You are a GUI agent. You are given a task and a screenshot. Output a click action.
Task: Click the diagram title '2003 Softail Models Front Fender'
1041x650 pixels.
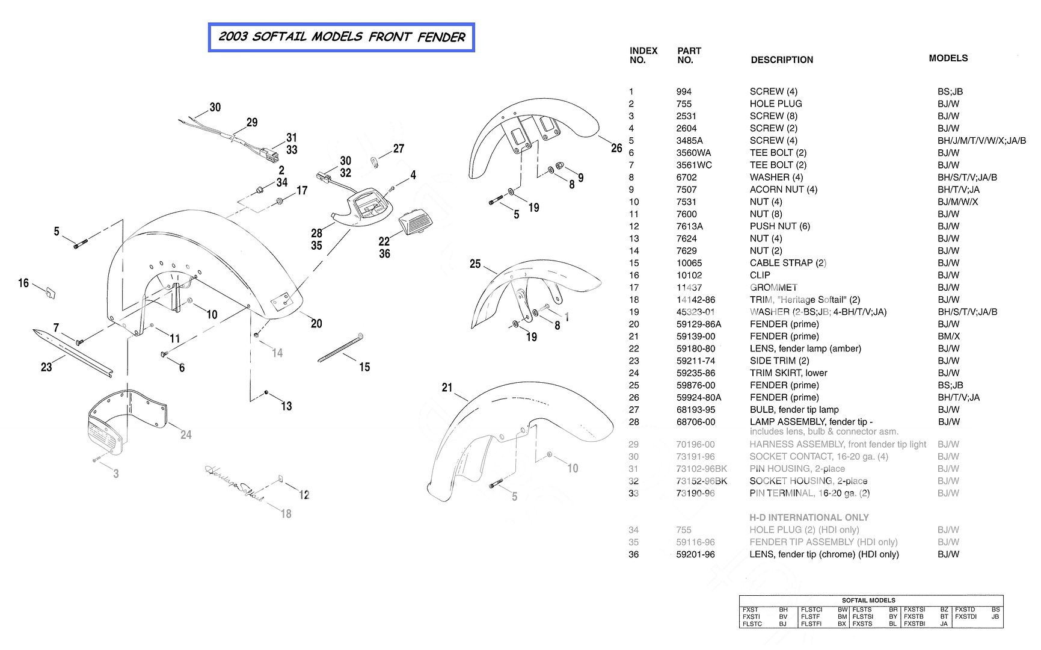[x=341, y=37]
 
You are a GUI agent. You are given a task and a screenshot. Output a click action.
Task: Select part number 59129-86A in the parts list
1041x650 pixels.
[x=698, y=324]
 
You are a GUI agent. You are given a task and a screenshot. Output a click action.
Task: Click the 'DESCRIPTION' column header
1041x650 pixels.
[x=781, y=60]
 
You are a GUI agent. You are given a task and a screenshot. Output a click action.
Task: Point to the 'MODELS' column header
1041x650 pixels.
[x=948, y=58]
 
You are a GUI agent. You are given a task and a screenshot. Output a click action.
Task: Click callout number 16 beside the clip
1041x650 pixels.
[x=23, y=283]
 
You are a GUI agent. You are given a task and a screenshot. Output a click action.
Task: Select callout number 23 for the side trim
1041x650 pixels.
[x=46, y=367]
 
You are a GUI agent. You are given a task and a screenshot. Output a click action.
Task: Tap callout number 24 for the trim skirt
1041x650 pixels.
[x=186, y=435]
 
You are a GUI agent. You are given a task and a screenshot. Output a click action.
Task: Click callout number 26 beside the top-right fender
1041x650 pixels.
[x=616, y=148]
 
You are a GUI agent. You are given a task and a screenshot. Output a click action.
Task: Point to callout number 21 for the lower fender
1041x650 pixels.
[x=447, y=388]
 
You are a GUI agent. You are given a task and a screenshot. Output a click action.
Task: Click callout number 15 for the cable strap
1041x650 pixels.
[x=364, y=367]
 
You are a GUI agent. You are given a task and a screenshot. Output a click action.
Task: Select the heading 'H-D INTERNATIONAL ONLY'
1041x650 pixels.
[x=808, y=518]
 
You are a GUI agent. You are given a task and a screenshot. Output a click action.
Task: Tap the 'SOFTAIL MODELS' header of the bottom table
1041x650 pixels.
[x=868, y=600]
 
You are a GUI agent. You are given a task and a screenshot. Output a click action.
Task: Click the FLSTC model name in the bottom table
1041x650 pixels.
[x=752, y=624]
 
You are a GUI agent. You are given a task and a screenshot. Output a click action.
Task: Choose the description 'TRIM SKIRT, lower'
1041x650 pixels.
[x=788, y=373]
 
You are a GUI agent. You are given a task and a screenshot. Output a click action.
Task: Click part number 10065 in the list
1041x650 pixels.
[x=689, y=263]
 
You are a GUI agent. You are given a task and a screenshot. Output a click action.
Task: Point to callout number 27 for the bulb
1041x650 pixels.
[x=399, y=149]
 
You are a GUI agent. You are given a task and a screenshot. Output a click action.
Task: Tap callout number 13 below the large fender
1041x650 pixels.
[x=286, y=406]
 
